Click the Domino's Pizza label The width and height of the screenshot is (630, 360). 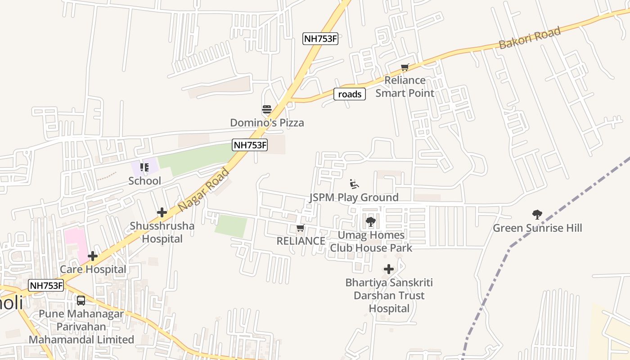pos(267,122)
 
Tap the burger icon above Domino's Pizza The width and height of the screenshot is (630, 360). pos(267,109)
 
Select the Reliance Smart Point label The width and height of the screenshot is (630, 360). pos(405,87)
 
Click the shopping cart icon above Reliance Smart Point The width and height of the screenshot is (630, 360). pos(405,67)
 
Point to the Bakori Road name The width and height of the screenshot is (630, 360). pos(530,38)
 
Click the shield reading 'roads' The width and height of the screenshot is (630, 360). pos(350,94)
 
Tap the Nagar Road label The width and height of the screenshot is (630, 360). pos(204,190)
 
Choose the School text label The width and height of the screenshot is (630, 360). pos(144,181)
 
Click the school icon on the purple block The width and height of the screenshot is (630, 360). pos(144,167)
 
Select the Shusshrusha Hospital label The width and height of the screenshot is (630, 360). pos(162,232)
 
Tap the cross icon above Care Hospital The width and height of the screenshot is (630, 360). pos(93,256)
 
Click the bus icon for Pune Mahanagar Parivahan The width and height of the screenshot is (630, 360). pos(81,301)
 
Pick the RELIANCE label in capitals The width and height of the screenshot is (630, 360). pos(301,241)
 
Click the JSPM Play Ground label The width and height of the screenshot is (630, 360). pos(354,198)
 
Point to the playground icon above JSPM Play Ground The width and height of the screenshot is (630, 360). pos(354,184)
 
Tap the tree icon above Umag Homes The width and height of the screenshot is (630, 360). pos(371,221)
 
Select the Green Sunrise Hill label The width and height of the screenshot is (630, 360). pos(537,228)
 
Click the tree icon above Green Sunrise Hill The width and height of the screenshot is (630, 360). pos(537,215)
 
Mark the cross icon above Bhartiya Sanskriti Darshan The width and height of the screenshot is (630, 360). pos(389,270)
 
